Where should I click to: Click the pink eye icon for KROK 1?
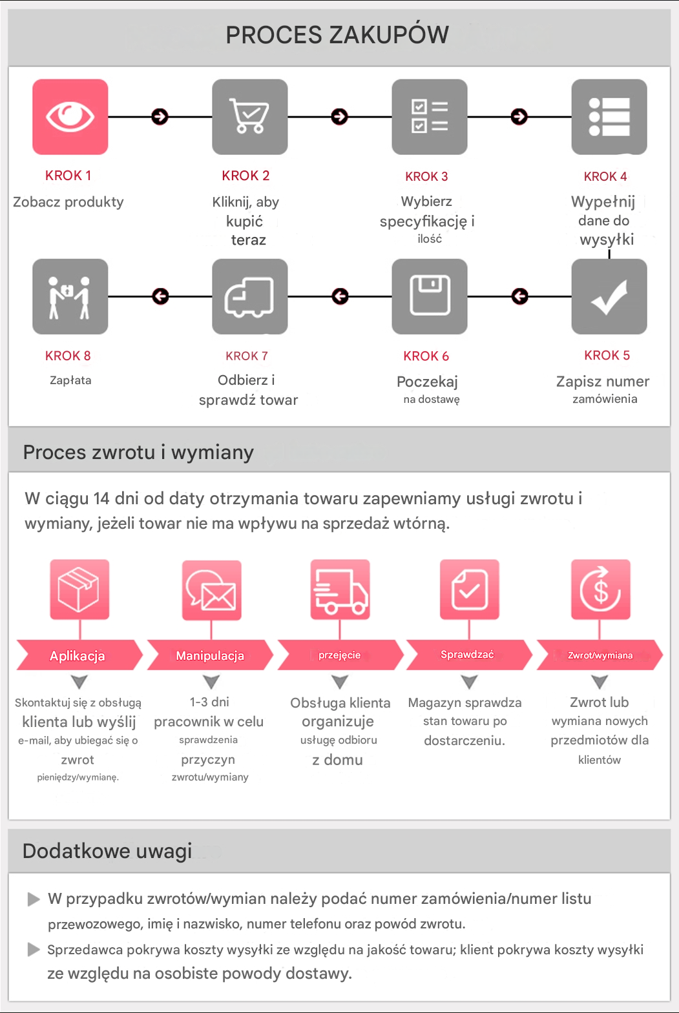pos(70,117)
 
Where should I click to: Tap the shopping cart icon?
pos(250,117)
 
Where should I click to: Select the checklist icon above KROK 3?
pos(430,117)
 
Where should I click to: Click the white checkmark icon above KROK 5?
pos(609,296)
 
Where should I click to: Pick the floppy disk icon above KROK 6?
pos(430,296)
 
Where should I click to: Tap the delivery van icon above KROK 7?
pos(250,296)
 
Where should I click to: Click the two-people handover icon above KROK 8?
pos(70,296)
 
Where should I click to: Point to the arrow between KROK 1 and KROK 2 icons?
pos(160,117)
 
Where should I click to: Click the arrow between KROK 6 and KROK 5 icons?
pos(519,296)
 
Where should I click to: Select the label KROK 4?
pos(605,176)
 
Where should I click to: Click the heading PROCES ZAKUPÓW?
pos(337,35)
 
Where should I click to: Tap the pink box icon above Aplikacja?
pos(79,589)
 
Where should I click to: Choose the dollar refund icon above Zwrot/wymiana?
pos(600,589)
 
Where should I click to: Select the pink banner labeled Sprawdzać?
pos(468,655)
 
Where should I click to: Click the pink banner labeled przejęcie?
pos(340,655)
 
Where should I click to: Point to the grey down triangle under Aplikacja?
pos(79,681)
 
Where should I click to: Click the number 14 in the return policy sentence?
pos(101,498)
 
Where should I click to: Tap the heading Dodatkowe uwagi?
pos(107,851)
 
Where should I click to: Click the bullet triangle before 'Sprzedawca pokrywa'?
pos(34,949)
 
